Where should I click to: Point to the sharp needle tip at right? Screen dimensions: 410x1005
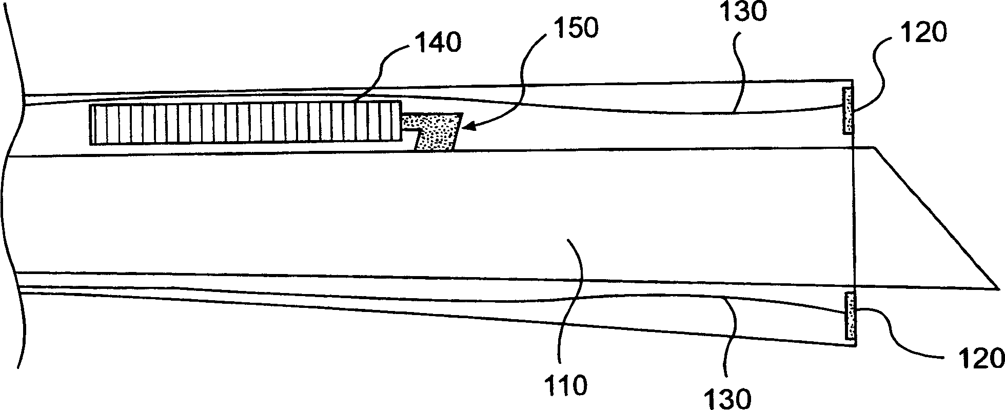click(x=995, y=288)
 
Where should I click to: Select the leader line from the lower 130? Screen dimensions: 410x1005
click(x=731, y=339)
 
